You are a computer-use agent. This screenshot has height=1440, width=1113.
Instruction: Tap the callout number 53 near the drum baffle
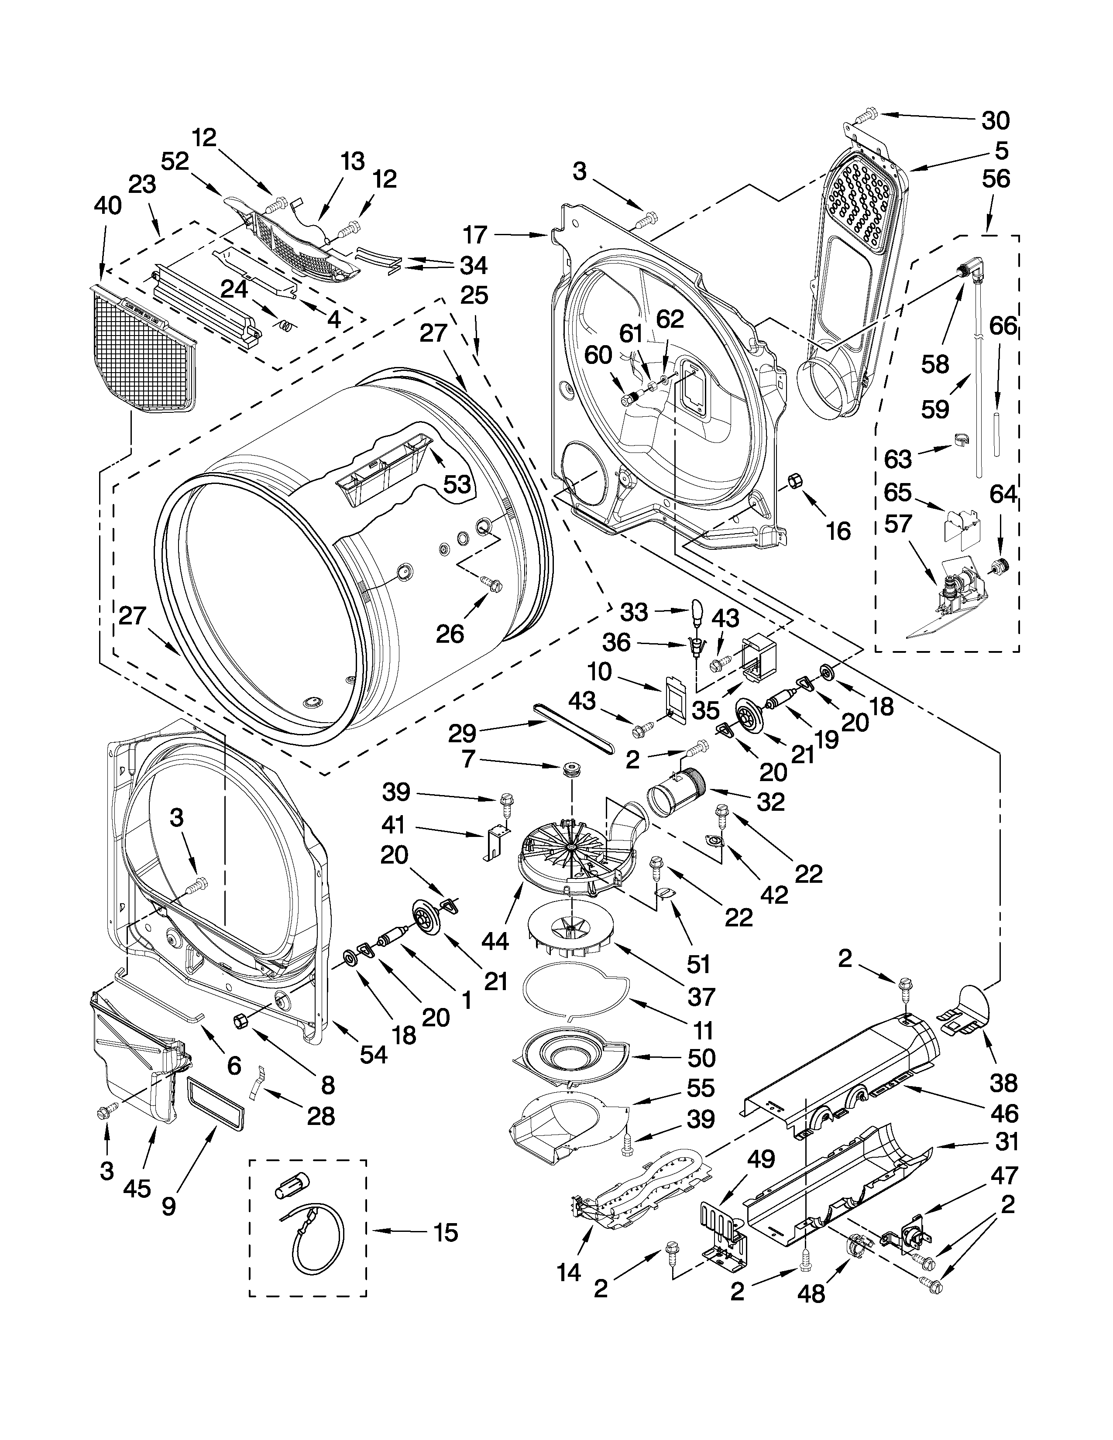(456, 484)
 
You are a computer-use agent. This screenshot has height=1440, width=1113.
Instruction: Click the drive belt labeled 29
(574, 729)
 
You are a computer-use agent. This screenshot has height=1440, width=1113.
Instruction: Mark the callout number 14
(568, 1272)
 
